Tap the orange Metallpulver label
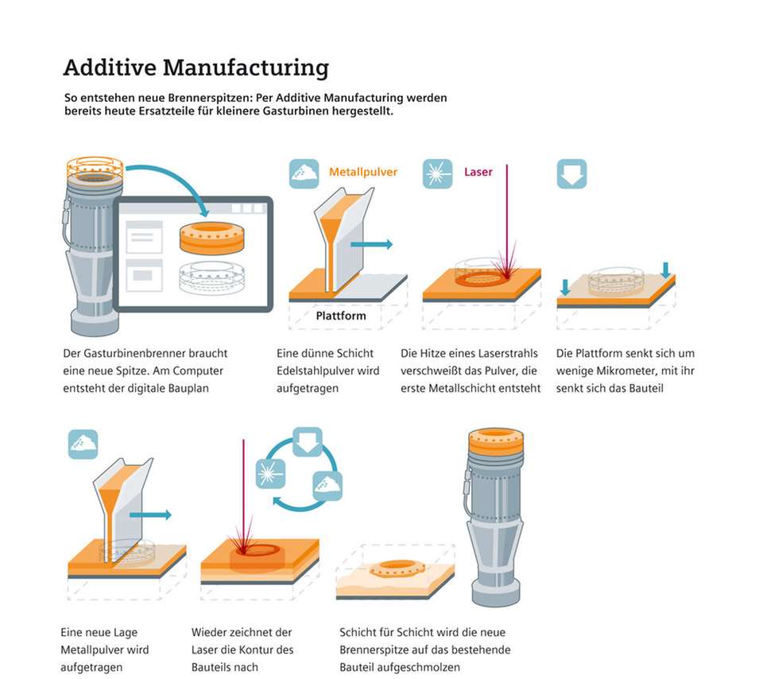(x=363, y=172)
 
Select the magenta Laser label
(x=478, y=172)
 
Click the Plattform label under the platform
(x=341, y=316)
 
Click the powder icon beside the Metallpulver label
(x=304, y=173)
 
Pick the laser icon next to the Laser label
(x=438, y=173)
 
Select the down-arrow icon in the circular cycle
(x=307, y=442)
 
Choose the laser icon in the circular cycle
(x=270, y=475)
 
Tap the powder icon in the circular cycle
(x=327, y=485)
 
